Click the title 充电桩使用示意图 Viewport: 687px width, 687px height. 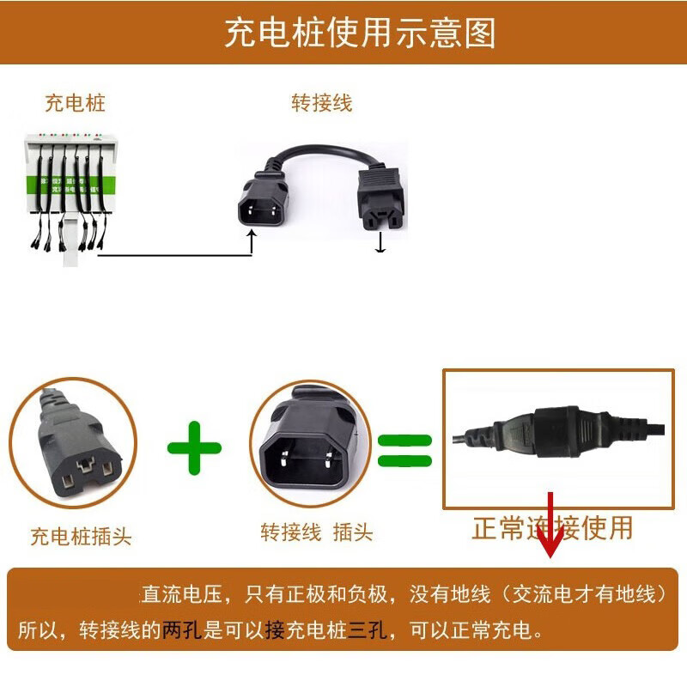360,33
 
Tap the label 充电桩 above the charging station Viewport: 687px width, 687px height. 75,104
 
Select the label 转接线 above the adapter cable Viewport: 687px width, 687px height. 321,103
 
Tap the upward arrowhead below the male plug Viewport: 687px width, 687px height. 251,238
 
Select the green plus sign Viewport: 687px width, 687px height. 194,447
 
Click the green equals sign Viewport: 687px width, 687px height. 404,447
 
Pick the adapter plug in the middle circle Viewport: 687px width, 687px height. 310,447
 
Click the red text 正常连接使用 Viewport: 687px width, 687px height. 552,528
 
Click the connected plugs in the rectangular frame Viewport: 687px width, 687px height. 558,434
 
